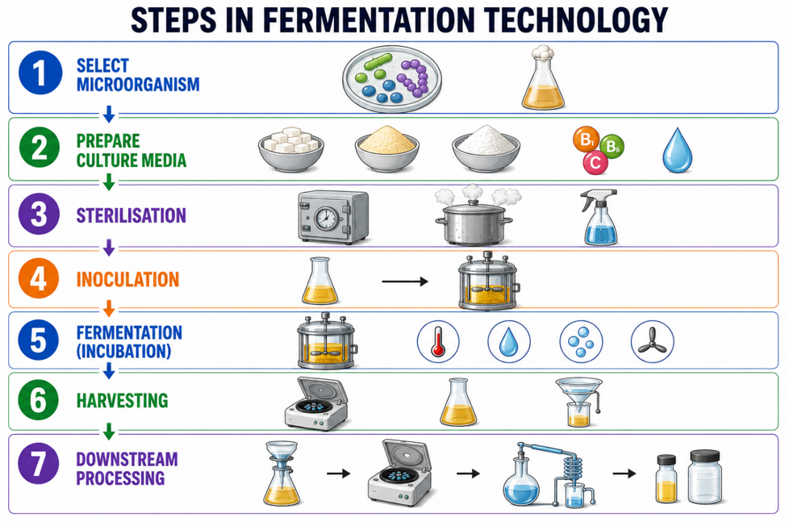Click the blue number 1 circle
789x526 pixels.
(x=40, y=73)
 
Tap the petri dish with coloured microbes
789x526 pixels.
(x=392, y=79)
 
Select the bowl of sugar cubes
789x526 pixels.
(x=291, y=148)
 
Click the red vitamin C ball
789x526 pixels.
(x=595, y=162)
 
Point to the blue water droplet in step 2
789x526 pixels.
(x=678, y=151)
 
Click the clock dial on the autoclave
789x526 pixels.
(x=326, y=218)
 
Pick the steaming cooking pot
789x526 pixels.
(x=473, y=215)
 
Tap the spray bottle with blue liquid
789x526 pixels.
(x=599, y=217)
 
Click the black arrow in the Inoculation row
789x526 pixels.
(x=404, y=282)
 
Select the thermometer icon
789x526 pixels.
(x=438, y=342)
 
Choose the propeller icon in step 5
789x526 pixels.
(x=652, y=342)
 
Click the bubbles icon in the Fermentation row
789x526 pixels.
(x=581, y=342)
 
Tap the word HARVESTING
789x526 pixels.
(x=123, y=401)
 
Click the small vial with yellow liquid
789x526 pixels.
(x=666, y=478)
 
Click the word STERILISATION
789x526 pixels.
(x=131, y=215)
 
